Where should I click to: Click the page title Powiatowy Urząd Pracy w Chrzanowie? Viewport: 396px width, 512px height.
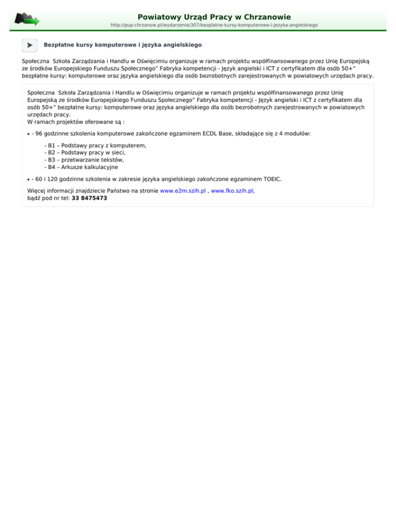tap(214, 17)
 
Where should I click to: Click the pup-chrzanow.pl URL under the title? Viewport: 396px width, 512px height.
tap(214, 25)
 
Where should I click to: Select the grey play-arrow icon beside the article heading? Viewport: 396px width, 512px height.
tap(29, 45)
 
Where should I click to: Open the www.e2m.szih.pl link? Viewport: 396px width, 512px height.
tap(183, 191)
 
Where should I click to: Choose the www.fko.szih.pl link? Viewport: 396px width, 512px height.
tap(233, 191)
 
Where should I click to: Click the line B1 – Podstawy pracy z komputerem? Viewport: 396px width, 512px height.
tap(96, 146)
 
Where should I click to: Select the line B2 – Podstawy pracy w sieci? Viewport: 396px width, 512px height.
tap(85, 153)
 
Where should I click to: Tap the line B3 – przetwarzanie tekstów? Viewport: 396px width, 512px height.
tap(84, 160)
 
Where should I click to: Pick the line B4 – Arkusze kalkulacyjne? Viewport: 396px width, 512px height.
tap(81, 167)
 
